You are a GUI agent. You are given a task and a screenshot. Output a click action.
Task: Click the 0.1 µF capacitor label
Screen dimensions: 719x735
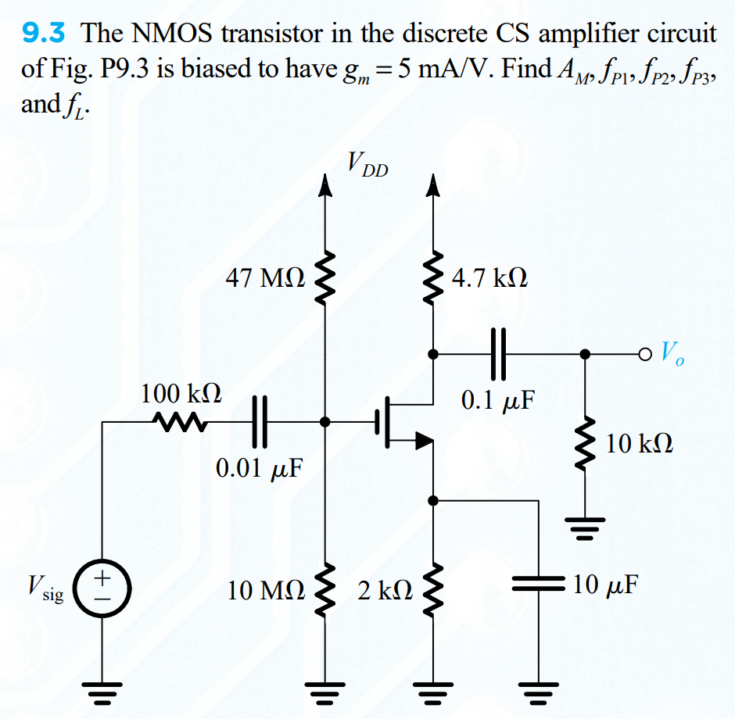click(x=498, y=400)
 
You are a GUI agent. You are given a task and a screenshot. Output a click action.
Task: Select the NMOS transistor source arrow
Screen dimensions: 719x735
click(x=423, y=442)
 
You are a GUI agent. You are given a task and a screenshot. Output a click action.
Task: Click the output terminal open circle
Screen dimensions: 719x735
click(x=644, y=353)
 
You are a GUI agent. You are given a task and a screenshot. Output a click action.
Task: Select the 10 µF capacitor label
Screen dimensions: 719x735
click(x=604, y=584)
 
